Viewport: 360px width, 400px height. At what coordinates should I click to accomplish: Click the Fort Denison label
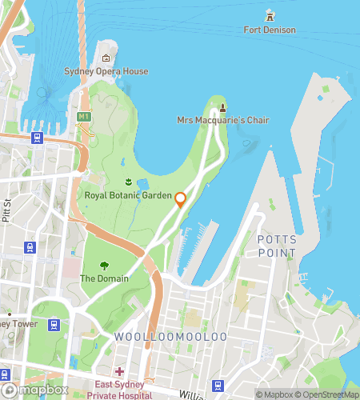(x=270, y=30)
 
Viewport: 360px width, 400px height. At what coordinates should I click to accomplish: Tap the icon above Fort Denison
(x=270, y=15)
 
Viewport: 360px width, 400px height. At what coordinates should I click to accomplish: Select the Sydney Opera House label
(x=106, y=71)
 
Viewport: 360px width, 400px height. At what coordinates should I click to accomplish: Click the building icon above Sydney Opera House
(x=106, y=58)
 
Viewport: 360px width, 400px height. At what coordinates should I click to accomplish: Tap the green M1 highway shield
(x=83, y=117)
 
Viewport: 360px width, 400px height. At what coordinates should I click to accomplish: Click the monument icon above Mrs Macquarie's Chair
(x=222, y=106)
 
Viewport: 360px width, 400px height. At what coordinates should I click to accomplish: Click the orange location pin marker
(x=181, y=199)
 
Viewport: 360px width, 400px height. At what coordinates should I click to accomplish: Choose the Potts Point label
(x=276, y=246)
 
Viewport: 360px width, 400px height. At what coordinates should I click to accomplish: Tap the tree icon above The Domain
(x=103, y=265)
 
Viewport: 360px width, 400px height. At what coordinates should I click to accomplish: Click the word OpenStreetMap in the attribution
(x=328, y=394)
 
